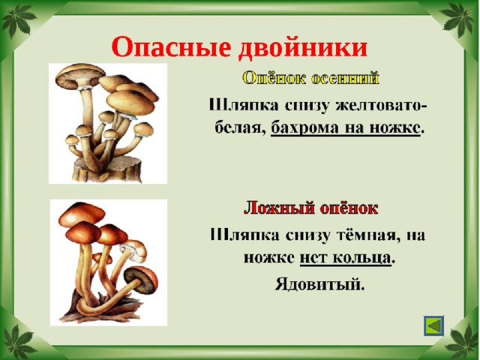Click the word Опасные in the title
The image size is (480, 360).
[170, 47]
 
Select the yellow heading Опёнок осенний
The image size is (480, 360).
[311, 78]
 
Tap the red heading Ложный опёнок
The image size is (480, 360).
[310, 208]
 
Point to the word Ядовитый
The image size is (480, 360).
[320, 283]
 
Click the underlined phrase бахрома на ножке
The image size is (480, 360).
[345, 128]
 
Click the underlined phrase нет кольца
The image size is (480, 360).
[345, 258]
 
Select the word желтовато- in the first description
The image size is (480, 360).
[382, 106]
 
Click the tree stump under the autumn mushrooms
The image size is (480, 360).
[107, 169]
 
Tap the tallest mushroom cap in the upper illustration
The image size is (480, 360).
[80, 76]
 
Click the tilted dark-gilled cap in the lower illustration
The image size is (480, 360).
[141, 279]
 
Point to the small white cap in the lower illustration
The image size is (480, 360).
[133, 250]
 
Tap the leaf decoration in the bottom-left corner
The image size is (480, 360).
[18, 342]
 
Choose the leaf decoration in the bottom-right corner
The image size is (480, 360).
[462, 340]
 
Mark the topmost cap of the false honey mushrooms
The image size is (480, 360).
[82, 213]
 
